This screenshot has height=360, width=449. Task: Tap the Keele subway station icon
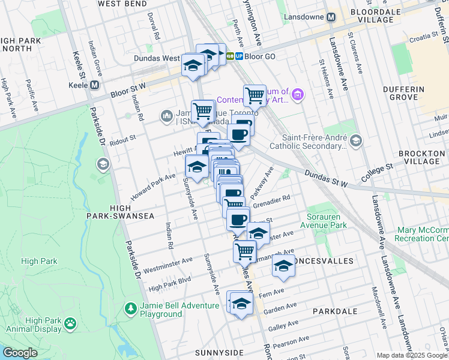point(94,85)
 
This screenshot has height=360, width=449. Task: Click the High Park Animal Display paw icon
point(71,323)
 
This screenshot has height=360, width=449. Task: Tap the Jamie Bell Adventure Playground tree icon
point(130,308)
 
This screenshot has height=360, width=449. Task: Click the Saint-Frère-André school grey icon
point(356,140)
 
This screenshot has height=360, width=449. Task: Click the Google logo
point(19,353)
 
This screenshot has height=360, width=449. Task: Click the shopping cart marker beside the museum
point(255,95)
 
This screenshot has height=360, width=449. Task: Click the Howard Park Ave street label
point(153,185)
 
